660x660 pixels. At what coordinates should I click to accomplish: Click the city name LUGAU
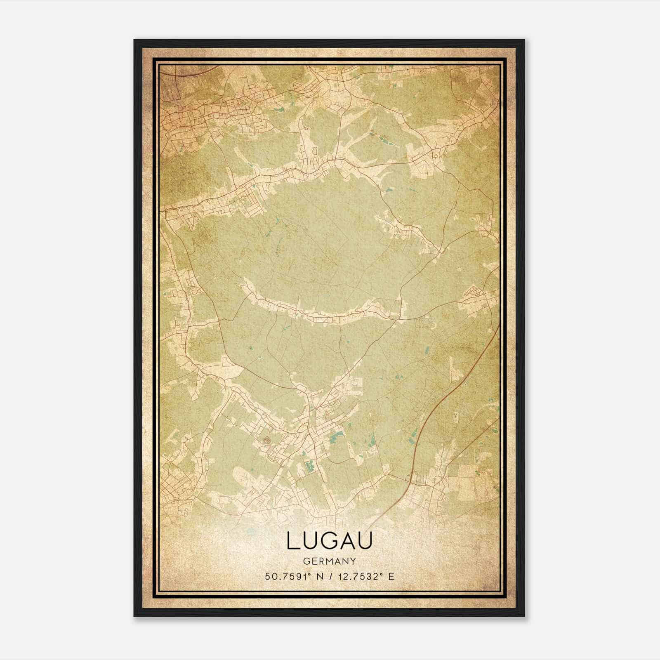coord(330,541)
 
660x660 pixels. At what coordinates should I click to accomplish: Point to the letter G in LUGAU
coord(329,541)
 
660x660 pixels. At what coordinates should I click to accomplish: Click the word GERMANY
coord(330,561)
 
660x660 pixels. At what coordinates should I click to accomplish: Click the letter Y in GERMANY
coord(353,561)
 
